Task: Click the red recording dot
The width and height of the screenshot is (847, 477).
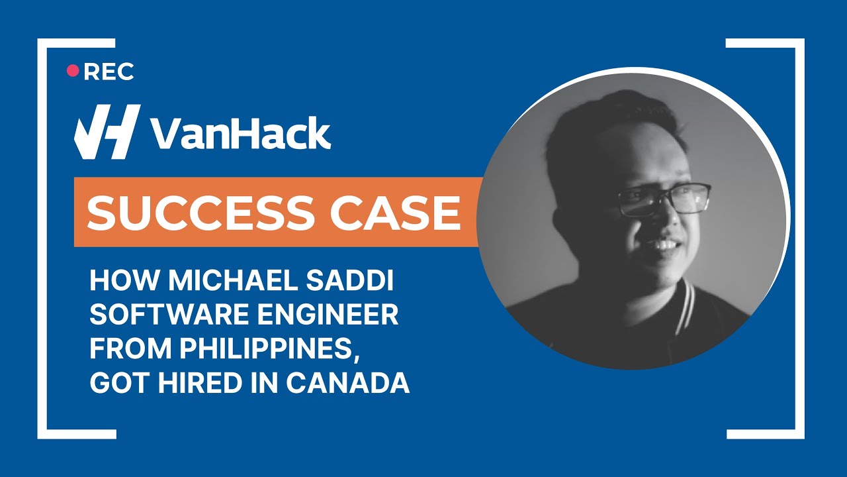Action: pos(73,71)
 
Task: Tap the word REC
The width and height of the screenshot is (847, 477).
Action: pos(109,72)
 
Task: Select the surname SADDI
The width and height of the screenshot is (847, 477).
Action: pos(362,281)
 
